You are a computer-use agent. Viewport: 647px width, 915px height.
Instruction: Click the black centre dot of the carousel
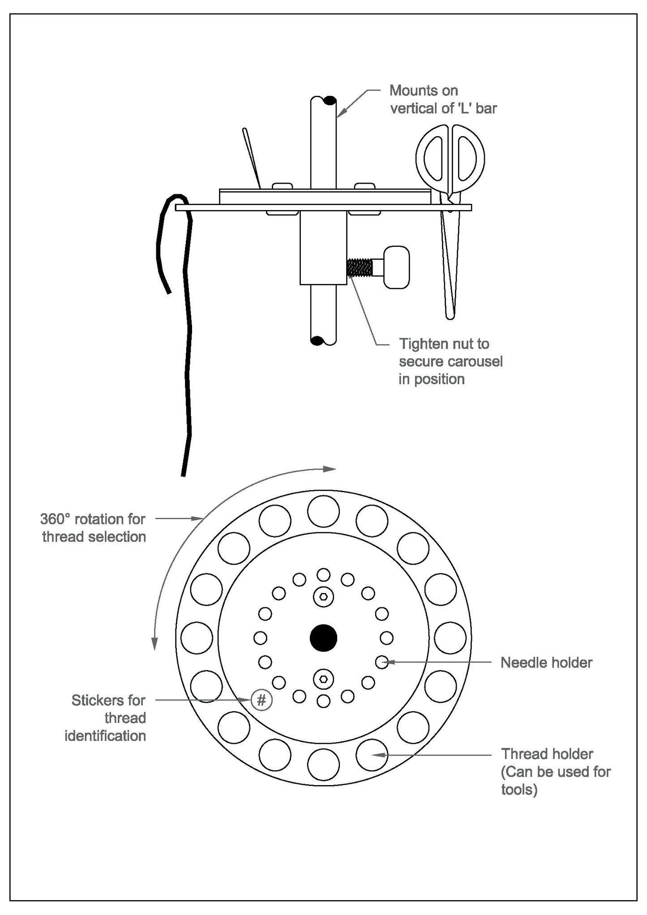323,638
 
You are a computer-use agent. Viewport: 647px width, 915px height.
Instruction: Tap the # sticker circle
261,700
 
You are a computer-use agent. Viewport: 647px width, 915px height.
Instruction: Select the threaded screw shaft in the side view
360,268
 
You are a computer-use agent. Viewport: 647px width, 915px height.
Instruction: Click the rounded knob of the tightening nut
397,267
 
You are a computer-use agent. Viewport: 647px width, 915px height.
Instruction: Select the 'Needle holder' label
546,662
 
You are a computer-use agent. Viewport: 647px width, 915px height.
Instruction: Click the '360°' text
56,519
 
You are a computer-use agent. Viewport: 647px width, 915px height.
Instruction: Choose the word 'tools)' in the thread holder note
519,789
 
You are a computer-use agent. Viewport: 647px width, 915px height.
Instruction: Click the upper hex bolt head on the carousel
323,597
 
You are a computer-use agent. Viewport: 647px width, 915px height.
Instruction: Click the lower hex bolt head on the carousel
323,679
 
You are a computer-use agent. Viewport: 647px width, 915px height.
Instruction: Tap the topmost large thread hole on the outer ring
323,511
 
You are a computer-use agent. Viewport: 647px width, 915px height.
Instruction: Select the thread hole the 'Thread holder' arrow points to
372,755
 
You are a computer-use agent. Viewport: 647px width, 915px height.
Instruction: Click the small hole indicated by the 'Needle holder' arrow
381,662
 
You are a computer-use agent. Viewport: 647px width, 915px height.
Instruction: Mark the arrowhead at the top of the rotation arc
330,469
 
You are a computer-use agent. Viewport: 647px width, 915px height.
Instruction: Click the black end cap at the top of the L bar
330,100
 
